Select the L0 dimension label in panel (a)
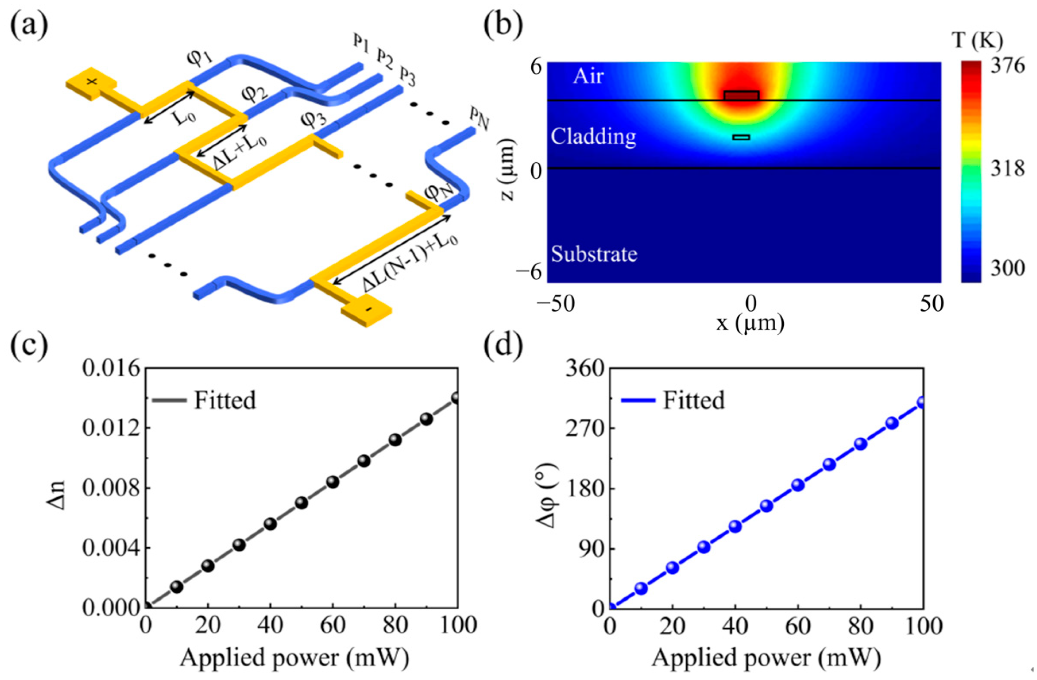(182, 117)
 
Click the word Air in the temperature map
(588, 77)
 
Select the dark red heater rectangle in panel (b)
(741, 96)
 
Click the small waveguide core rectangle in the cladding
(741, 138)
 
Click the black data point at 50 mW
(301, 503)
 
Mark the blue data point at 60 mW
(798, 485)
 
